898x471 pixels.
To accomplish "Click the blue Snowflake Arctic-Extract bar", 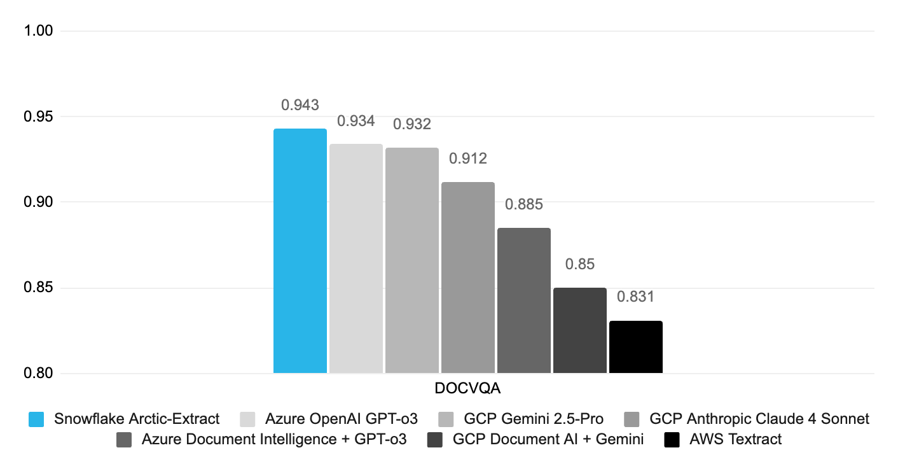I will (x=300, y=251).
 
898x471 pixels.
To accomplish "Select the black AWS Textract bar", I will (x=635, y=347).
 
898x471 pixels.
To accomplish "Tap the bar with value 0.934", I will (x=356, y=258).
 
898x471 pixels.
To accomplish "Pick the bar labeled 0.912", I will (x=467, y=278).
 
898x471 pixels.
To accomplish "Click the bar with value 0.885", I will (x=523, y=300).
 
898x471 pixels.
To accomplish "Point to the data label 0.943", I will (x=300, y=105).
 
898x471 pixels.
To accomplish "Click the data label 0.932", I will (x=411, y=124).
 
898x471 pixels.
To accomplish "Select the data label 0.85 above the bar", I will (x=579, y=264).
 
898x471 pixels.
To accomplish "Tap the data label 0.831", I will (x=635, y=297).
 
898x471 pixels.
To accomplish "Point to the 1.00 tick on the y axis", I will (x=39, y=31).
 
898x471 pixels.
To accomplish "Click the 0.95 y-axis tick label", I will (x=39, y=116).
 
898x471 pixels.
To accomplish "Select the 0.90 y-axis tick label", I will (x=39, y=202).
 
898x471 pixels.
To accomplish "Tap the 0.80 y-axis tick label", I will (x=39, y=374).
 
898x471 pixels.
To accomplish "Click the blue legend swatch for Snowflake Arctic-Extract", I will (x=36, y=419).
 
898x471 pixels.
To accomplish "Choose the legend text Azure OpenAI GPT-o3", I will (x=342, y=419).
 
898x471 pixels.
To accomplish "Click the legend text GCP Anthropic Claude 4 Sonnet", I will (x=759, y=419).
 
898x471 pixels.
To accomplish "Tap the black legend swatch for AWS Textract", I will (x=672, y=439).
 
